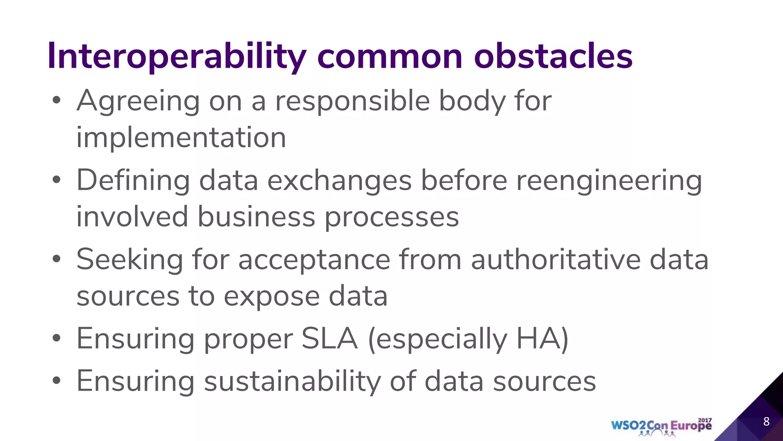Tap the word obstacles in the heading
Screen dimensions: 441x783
(553, 57)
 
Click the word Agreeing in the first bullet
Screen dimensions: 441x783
(138, 101)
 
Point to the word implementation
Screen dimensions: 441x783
(181, 137)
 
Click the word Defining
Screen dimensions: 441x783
(133, 181)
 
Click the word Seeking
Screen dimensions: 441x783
(130, 260)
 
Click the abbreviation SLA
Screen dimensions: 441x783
(330, 339)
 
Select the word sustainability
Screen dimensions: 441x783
(292, 382)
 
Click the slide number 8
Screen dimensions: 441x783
(766, 421)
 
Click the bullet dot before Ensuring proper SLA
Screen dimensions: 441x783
(57, 338)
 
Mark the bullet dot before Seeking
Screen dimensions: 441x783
(57, 259)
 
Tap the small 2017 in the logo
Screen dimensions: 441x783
(705, 420)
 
